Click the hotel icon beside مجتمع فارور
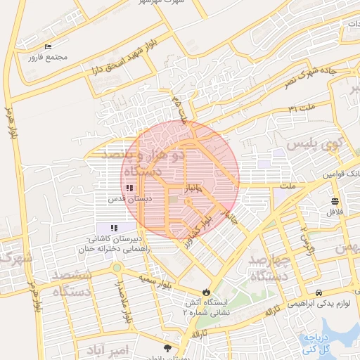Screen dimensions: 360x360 [x=47, y=47]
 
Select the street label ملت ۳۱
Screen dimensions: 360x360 [x=302, y=108]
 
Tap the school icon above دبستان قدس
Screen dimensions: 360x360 [x=129, y=188]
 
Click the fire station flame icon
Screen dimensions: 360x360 [x=205, y=291]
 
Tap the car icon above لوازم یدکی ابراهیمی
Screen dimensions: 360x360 [x=319, y=292]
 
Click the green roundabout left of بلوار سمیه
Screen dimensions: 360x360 [x=116, y=267]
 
